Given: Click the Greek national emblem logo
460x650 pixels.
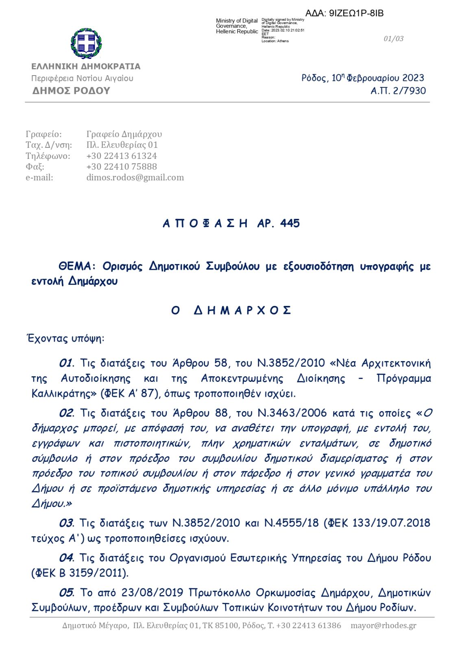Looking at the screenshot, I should [86, 43].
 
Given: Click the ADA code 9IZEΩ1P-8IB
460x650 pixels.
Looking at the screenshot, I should [356, 13].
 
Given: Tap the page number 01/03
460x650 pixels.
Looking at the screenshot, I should [393, 39].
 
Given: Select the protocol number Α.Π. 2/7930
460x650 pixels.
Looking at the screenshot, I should [398, 91].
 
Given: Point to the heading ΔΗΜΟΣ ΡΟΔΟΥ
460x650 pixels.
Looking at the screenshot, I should [71, 91].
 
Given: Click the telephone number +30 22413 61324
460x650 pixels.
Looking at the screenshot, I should [121, 156].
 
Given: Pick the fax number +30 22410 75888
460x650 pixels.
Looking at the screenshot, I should [121, 167].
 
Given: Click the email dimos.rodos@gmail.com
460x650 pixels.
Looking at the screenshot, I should [135, 178].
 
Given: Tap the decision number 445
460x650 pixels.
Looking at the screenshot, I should [290, 223].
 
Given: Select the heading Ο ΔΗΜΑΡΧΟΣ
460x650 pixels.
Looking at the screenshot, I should [231, 310].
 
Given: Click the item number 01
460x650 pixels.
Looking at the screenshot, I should [66, 363].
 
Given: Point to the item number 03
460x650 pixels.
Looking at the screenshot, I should [66, 523].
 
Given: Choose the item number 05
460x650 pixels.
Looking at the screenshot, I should [66, 593].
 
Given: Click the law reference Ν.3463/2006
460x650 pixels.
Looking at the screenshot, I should [292, 413].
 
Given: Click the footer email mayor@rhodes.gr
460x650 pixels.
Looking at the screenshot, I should [383, 626].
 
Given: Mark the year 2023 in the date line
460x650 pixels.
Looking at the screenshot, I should [413, 78].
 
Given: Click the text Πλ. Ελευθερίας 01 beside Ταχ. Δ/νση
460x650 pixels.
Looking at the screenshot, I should [122, 145].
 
